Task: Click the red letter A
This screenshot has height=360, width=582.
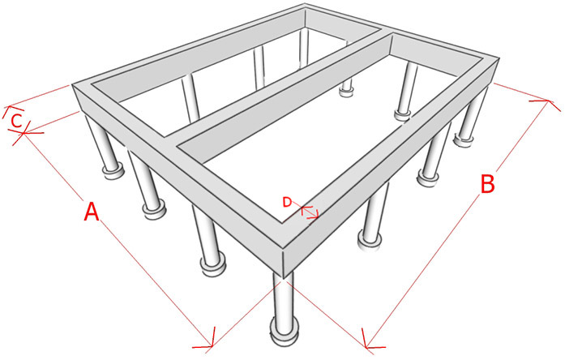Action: point(92,212)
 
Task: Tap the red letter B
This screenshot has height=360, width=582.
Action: point(487,184)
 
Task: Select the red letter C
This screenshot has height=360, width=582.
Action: point(16,122)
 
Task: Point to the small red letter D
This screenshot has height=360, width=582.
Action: point(287,203)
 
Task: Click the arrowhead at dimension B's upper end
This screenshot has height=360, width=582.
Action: point(549,102)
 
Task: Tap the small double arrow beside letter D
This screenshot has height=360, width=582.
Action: point(310,212)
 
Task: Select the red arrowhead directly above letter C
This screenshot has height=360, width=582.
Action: point(11,110)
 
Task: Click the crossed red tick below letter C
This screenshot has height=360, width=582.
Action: point(24,134)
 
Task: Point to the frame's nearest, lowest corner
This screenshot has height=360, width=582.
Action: point(283,278)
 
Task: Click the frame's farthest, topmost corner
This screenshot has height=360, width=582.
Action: point(305,5)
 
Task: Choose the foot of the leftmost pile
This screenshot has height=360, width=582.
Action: point(113,172)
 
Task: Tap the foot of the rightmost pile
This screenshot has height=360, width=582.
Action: point(463,140)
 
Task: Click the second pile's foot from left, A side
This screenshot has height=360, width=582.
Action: point(153,211)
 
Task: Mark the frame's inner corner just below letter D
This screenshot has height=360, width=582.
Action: point(282,223)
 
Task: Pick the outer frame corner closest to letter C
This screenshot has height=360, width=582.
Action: point(71,85)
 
